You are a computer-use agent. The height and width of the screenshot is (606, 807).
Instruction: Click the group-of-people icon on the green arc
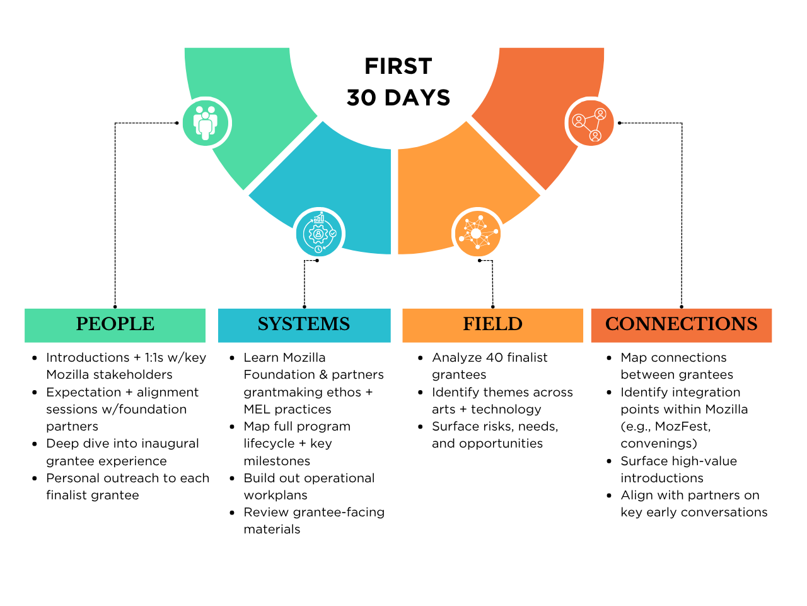coord(205,123)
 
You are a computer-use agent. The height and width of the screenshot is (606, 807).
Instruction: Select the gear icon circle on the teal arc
coord(319,234)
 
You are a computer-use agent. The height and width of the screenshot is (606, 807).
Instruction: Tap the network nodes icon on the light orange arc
coord(478,234)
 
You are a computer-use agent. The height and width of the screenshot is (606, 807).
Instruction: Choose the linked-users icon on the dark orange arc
coord(591,123)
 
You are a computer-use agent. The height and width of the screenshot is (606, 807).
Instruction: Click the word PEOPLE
coord(115,324)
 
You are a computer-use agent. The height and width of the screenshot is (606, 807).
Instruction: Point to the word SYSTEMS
coord(304,324)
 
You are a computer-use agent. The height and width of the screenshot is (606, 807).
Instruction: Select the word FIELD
coord(492,324)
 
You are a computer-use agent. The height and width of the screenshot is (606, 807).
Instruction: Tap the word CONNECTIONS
coord(681,324)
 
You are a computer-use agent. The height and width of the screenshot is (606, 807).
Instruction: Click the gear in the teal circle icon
coord(318,234)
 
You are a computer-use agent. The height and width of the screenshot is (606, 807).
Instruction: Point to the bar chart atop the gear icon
coord(319,218)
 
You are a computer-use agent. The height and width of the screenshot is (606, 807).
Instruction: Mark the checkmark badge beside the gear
coord(333,233)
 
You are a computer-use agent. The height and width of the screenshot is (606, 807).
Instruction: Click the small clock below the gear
coord(318,249)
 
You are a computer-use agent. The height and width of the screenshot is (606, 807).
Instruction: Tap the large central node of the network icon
coord(476,234)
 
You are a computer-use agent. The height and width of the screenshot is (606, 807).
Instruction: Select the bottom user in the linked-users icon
coord(595,135)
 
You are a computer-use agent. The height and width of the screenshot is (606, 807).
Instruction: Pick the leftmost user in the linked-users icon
coord(578,120)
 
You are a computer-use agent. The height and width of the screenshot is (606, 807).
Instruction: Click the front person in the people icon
coord(205,126)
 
